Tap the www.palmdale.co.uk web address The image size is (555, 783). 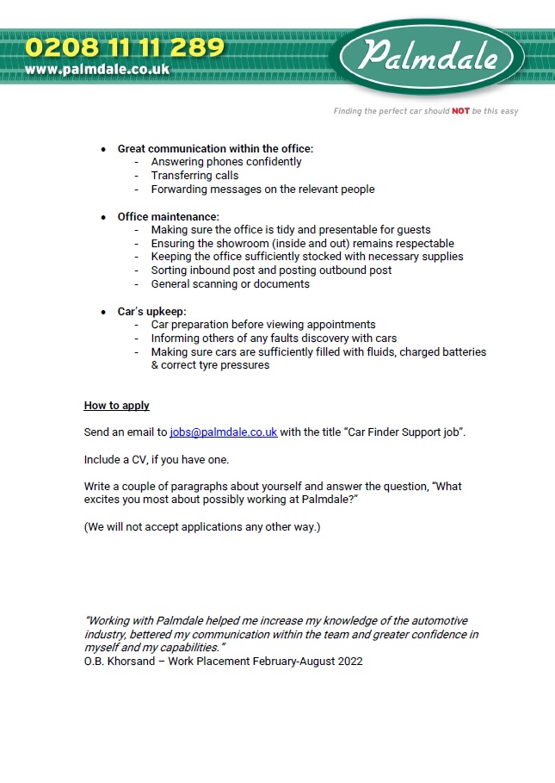click(96, 69)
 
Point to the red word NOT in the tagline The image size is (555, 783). click(460, 111)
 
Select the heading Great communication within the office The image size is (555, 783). click(215, 149)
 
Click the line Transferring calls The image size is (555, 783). click(194, 176)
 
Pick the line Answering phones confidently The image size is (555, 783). click(225, 162)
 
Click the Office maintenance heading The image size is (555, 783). click(168, 216)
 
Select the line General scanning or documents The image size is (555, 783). click(230, 283)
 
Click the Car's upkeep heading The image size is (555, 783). click(151, 311)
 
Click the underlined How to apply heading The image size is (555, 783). click(116, 406)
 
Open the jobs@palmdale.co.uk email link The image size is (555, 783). click(223, 432)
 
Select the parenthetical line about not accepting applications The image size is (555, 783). click(201, 526)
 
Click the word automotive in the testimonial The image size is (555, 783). click(437, 621)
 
